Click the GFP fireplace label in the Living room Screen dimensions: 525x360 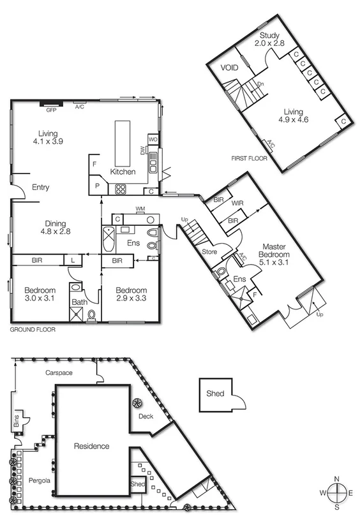(52, 110)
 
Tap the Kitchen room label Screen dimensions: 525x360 (123, 172)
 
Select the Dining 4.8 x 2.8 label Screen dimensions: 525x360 (55, 228)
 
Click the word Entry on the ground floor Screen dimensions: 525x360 (40, 188)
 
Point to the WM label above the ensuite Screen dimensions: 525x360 (140, 209)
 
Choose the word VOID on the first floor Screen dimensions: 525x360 (230, 67)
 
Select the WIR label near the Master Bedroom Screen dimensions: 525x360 (238, 203)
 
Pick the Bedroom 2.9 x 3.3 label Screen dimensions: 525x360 (131, 294)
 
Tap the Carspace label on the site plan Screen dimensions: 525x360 (59, 373)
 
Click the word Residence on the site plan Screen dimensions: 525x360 (91, 446)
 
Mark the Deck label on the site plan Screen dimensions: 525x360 (146, 416)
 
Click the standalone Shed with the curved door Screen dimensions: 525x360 (215, 394)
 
